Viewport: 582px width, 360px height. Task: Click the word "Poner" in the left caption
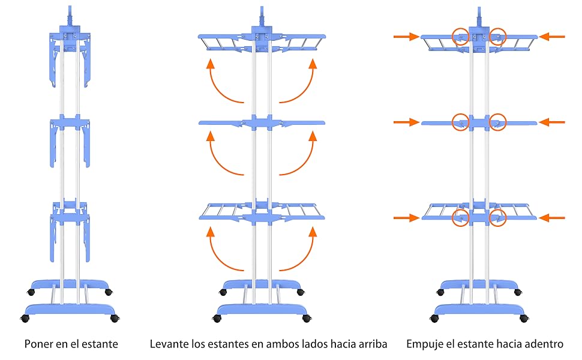38,344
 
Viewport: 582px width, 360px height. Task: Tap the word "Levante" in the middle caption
169,344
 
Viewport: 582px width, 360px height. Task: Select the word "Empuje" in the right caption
424,344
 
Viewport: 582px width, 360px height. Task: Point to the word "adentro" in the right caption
542,344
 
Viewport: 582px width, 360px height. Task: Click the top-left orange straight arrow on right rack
406,37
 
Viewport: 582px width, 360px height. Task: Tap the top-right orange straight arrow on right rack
551,37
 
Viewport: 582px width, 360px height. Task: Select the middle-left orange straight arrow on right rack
406,122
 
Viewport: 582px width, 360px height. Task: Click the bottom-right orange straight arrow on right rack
551,218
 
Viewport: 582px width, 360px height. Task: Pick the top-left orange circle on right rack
460,37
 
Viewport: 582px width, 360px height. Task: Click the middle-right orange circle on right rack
498,122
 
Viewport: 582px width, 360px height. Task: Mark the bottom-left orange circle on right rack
460,218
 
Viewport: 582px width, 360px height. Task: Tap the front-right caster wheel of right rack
524,318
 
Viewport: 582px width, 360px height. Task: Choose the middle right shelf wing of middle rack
300,123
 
